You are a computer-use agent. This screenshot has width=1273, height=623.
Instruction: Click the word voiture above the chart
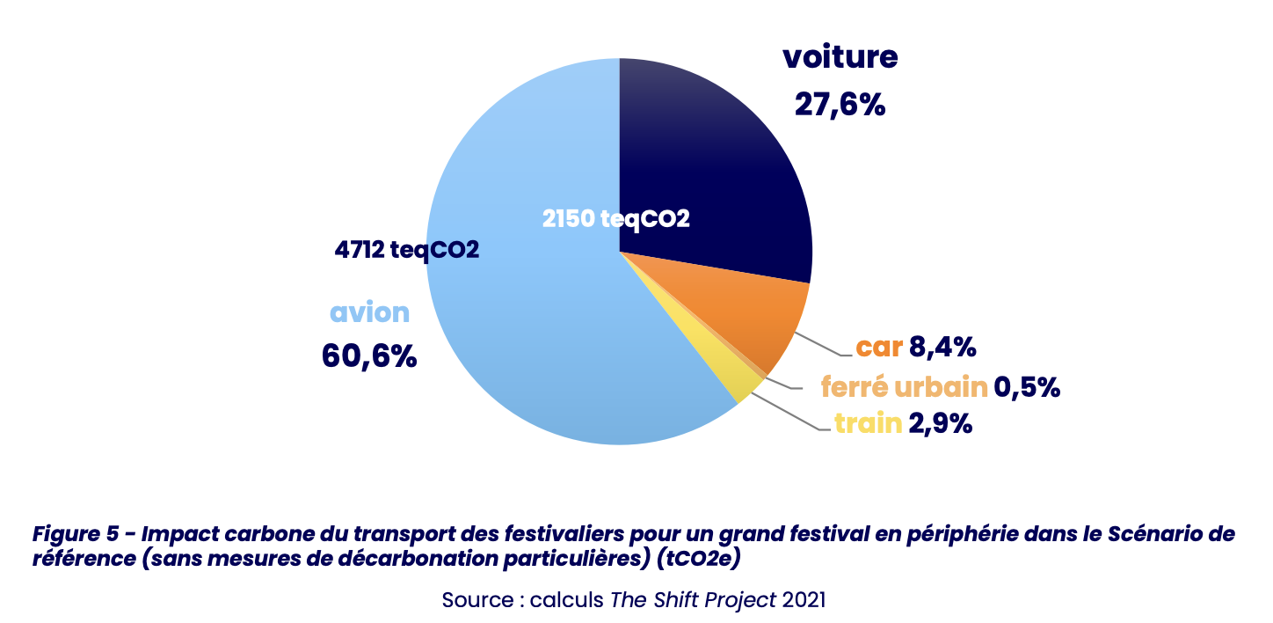click(x=840, y=57)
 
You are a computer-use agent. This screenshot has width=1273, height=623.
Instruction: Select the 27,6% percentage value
click(x=840, y=105)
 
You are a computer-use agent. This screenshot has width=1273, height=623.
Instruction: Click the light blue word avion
click(x=369, y=312)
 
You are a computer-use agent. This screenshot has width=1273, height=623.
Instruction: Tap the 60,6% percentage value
click(x=368, y=356)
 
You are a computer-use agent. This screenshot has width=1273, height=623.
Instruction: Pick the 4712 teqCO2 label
click(x=406, y=250)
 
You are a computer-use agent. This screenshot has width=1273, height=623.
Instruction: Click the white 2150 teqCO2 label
click(x=615, y=219)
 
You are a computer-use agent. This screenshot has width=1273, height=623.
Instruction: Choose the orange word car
click(x=880, y=348)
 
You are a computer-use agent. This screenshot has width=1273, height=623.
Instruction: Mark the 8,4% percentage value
click(x=942, y=348)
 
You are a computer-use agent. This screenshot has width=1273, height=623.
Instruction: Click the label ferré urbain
click(x=905, y=386)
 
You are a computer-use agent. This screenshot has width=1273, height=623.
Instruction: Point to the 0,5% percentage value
click(x=1027, y=386)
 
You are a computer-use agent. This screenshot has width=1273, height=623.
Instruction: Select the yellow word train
click(x=869, y=423)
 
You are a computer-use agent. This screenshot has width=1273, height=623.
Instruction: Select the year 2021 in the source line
click(x=804, y=601)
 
